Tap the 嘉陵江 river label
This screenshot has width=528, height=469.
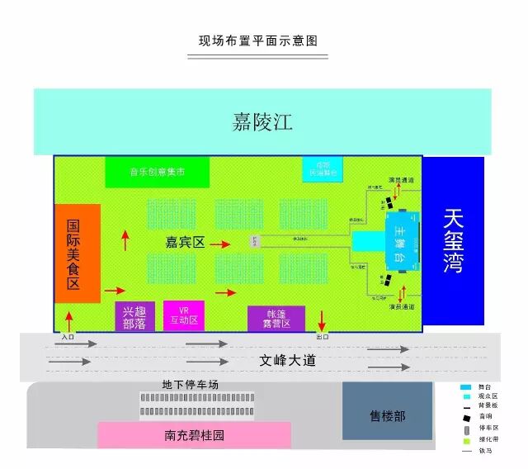pos(262,122)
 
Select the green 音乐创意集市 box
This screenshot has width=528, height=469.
pos(157,172)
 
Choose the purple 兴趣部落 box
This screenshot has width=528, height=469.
pos(134,317)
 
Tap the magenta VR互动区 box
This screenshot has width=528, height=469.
pos(183,316)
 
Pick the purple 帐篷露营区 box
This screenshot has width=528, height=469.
pos(276,319)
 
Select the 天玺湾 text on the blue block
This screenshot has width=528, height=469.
pos(452,240)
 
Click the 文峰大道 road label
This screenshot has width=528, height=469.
pos(287,361)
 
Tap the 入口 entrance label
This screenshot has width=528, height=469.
pos(68,337)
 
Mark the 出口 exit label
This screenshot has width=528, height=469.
pos(322,337)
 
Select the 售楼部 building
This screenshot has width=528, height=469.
pos(388,415)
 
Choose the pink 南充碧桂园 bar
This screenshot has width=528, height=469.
pos(195,435)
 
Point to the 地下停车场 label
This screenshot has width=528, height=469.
pos(191,386)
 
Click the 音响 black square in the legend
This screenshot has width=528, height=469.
pos(466,416)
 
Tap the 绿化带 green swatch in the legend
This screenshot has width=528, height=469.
pos(466,441)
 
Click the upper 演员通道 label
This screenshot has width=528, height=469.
pos(401,179)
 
